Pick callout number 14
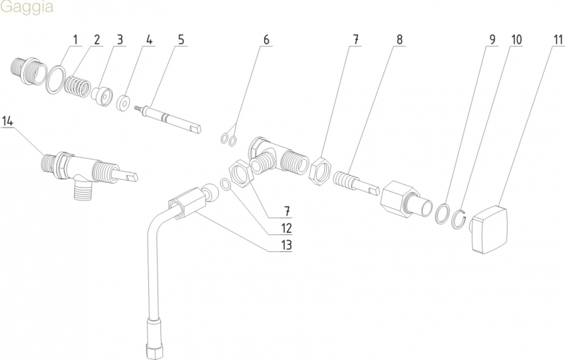[8, 121]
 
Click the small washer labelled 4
[125, 101]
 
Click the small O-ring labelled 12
[225, 184]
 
